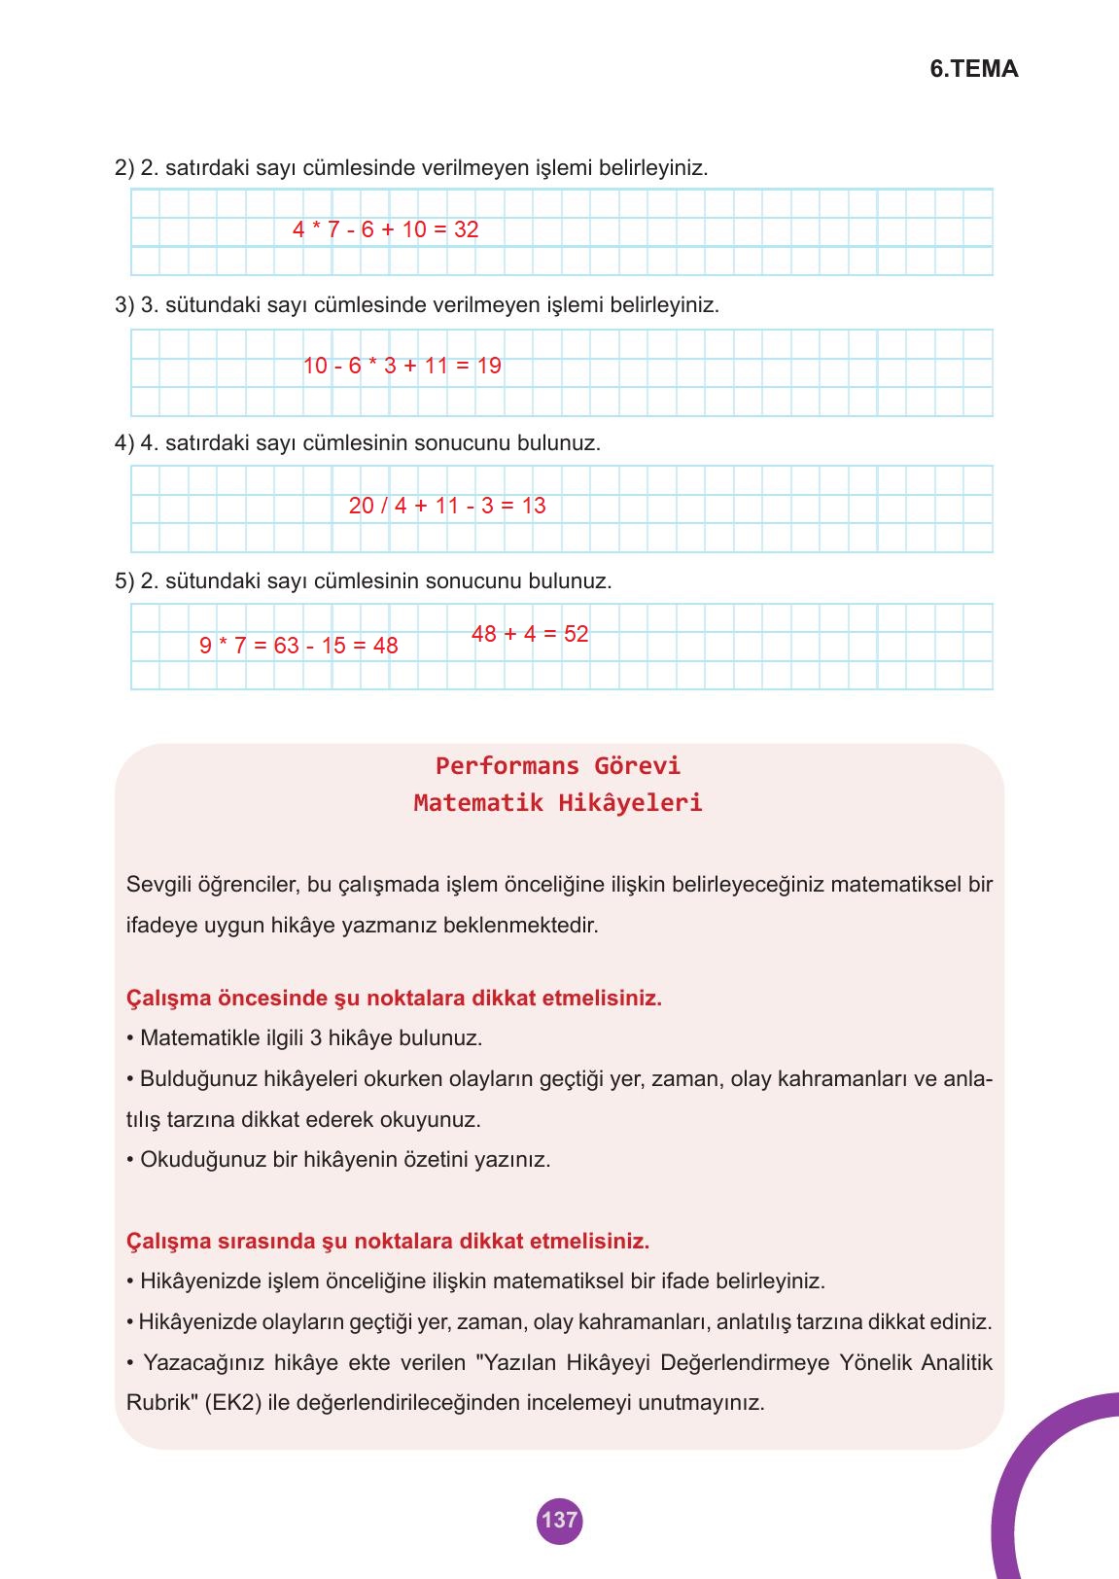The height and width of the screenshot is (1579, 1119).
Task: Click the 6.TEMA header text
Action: [973, 69]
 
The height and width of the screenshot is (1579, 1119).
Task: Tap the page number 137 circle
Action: [559, 1520]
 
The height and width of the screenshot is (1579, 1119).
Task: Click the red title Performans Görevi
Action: [558, 766]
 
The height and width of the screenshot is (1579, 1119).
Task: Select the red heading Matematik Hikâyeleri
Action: [558, 803]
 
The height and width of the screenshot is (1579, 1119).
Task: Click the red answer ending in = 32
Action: [385, 229]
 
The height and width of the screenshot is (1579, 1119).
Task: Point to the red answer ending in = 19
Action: [402, 367]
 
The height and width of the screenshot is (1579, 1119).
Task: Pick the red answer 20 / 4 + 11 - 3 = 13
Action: [447, 506]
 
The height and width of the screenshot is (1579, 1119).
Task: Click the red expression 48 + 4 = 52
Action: [530, 634]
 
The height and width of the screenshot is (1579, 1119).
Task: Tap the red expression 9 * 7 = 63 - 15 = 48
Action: [298, 646]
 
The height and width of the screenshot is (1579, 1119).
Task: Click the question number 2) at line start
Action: [124, 168]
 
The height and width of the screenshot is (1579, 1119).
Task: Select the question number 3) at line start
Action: [124, 305]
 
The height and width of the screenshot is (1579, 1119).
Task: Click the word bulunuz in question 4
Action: [559, 443]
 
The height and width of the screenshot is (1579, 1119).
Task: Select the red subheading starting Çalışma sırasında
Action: [388, 1242]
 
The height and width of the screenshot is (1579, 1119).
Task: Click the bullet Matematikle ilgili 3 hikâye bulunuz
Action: [305, 1038]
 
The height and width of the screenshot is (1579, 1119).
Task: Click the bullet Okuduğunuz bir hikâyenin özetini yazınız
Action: [339, 1160]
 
